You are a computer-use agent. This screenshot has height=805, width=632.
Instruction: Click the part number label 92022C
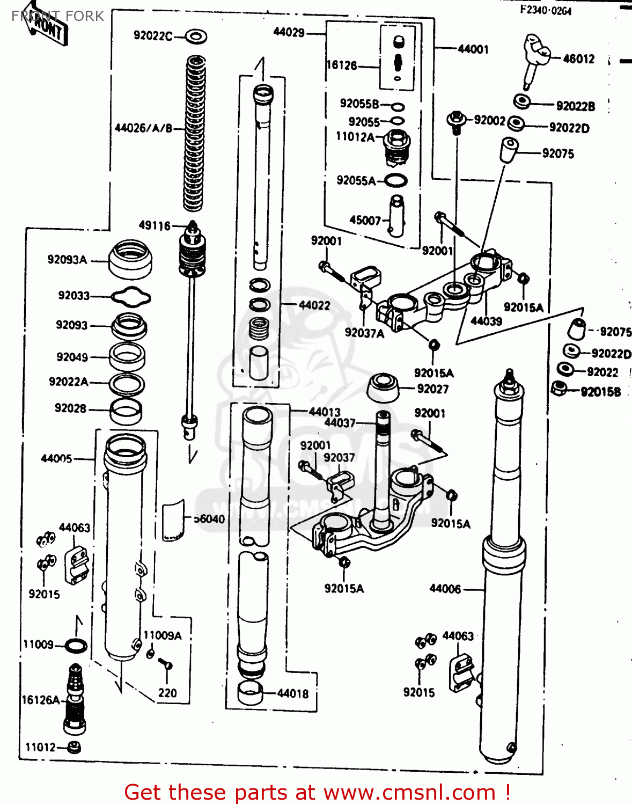coord(153,36)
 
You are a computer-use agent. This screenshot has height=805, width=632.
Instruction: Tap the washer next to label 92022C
coord(196,36)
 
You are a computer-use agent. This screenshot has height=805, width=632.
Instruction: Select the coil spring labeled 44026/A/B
coord(195,134)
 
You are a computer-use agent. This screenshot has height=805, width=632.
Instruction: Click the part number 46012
coord(579,59)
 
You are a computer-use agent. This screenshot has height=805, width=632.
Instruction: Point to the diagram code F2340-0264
coord(545,10)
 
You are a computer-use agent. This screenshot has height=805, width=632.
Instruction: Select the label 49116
coord(155,225)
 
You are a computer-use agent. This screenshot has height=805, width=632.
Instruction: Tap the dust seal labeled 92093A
coord(130,259)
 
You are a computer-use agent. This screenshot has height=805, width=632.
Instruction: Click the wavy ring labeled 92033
coord(130,297)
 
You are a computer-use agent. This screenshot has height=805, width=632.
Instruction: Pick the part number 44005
coord(56,458)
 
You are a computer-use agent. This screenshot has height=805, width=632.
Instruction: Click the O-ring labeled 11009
coord(76,646)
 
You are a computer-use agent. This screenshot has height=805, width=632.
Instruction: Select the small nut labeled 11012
coord(74,747)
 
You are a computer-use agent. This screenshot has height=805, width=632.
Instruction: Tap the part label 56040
coord(209,518)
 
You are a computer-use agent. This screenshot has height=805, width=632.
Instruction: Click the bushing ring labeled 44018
coord(250,693)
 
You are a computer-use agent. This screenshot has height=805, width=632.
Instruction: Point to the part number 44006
coord(445,589)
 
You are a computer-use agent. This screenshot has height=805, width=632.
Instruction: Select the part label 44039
coord(486,321)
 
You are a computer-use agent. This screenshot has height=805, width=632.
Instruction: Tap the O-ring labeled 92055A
coord(395,181)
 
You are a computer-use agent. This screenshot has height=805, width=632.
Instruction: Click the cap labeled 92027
coord(383,388)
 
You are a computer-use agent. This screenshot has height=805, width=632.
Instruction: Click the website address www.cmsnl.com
coord(410,792)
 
